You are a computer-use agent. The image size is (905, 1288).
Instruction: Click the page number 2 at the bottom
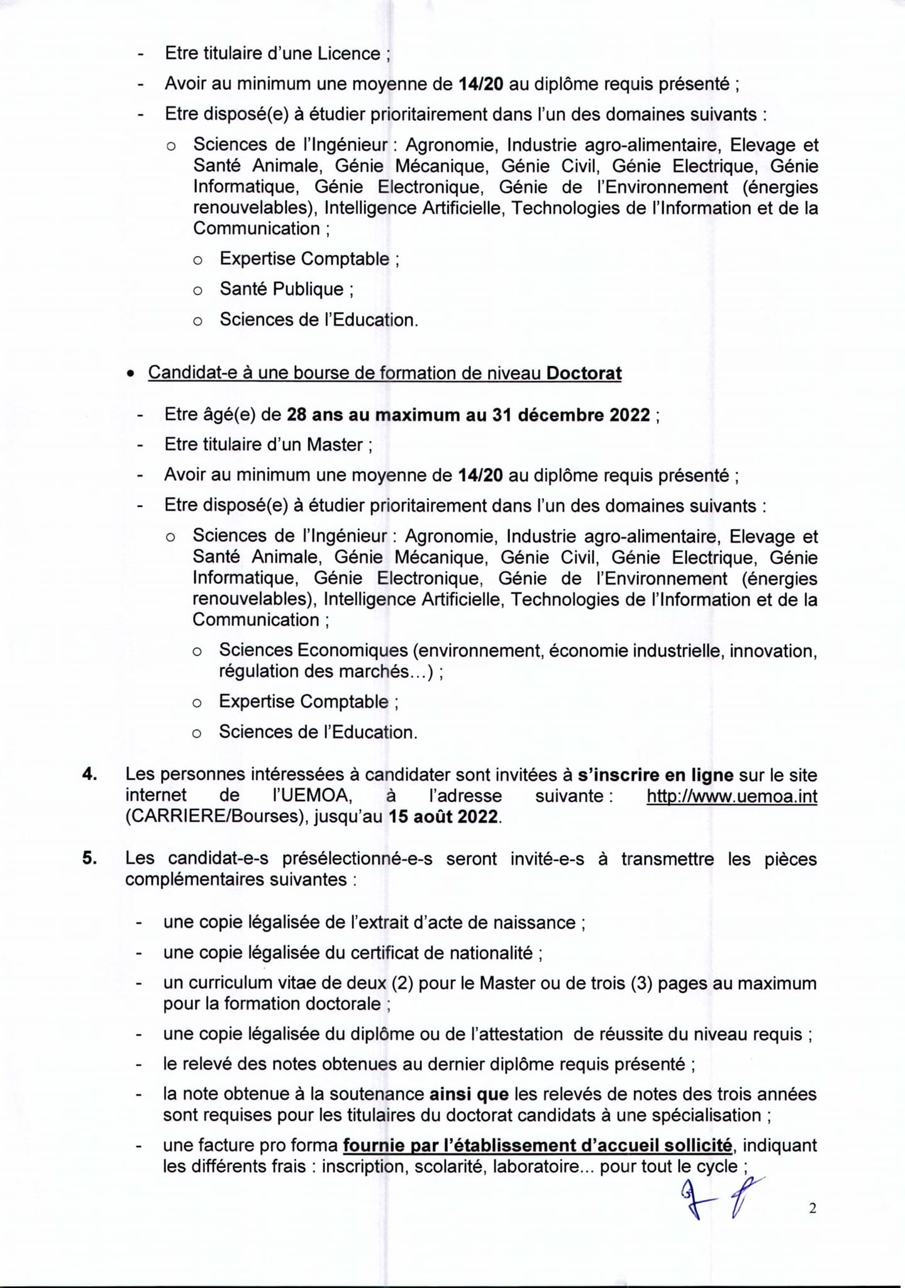[x=813, y=1208]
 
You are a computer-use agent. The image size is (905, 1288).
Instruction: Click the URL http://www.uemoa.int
[x=732, y=796]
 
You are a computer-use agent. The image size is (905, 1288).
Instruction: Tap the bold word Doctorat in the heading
[x=584, y=373]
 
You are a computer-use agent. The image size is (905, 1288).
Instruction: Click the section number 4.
[x=90, y=775]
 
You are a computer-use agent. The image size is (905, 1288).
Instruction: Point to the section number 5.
[x=90, y=858]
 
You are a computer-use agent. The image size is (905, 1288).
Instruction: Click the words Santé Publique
[x=282, y=289]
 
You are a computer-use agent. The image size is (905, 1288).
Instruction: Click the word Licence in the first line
[x=349, y=53]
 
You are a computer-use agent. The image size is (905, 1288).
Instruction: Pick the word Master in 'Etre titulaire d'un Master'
[x=335, y=445]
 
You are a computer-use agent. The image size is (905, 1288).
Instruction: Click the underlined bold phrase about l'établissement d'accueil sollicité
[x=538, y=1145]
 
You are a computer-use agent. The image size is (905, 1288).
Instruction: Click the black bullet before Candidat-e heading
[x=130, y=374]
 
